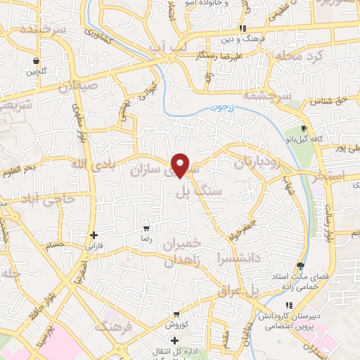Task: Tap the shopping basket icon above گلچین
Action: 34,60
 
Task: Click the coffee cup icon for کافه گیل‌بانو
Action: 304,129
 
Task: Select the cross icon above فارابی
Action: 93,236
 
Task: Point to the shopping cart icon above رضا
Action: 146,229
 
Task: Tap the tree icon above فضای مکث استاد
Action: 301,265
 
